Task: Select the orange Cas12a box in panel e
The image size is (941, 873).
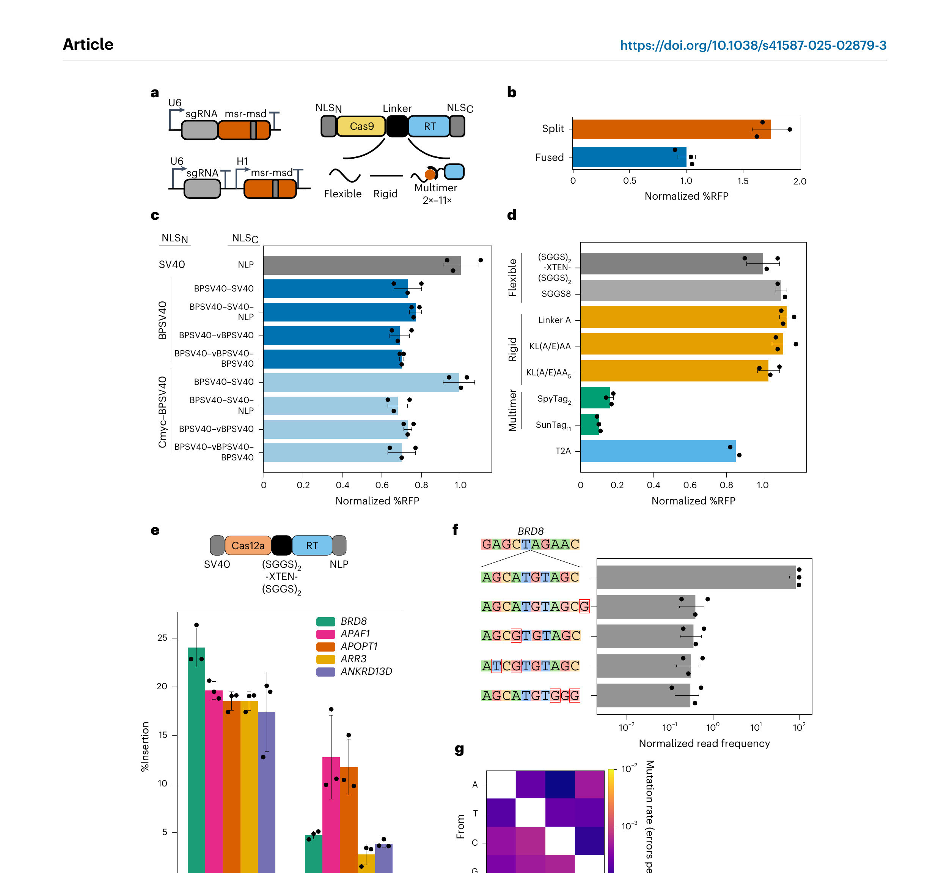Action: click(x=248, y=546)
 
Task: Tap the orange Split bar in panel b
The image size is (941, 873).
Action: click(x=671, y=129)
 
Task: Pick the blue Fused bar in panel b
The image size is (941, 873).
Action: click(x=629, y=157)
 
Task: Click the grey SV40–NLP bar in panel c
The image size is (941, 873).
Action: click(x=362, y=265)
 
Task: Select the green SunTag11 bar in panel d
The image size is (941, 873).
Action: click(x=589, y=424)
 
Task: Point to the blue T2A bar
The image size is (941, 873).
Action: click(x=657, y=451)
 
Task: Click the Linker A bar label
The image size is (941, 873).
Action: click(x=554, y=320)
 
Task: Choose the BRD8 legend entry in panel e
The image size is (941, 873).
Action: click(x=353, y=621)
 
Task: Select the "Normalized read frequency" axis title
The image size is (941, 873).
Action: click(x=704, y=743)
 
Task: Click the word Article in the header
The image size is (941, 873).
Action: click(x=88, y=44)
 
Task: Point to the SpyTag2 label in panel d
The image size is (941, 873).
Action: click(x=554, y=399)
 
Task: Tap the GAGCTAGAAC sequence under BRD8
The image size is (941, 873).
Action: click(x=530, y=544)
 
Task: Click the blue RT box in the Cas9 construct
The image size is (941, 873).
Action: click(x=429, y=126)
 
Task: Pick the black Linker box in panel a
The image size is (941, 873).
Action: click(x=397, y=126)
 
